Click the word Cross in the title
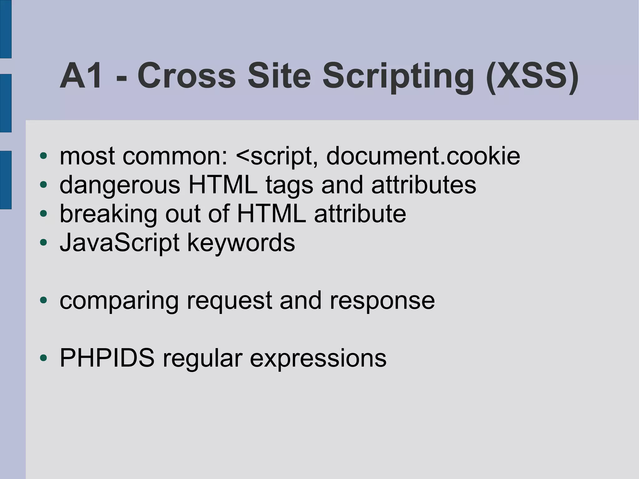pos(186,76)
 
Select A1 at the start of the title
pos(81,76)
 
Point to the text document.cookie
pos(423,156)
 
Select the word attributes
pos(424,185)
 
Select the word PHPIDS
pos(107,358)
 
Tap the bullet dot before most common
pos(43,155)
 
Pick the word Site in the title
pos(279,76)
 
